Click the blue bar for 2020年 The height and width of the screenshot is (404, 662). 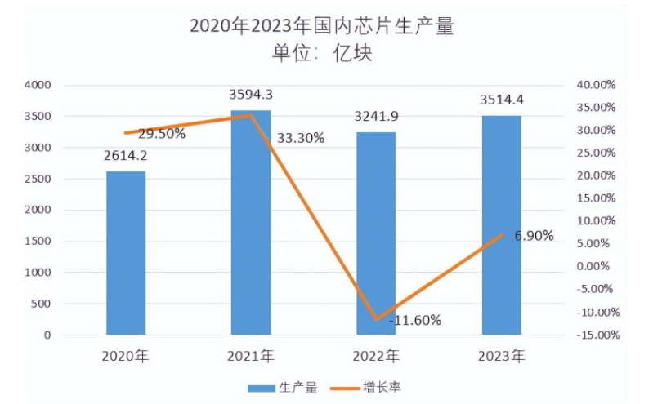pyautogui.click(x=126, y=253)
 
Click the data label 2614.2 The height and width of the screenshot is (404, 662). pyautogui.click(x=126, y=156)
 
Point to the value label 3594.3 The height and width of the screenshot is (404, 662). pyautogui.click(x=251, y=95)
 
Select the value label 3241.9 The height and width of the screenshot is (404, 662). pyautogui.click(x=377, y=117)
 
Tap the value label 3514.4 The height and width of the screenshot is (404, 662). pyautogui.click(x=501, y=100)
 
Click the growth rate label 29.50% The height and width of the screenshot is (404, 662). pyautogui.click(x=161, y=134)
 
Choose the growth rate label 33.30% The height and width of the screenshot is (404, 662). pyautogui.click(x=300, y=138)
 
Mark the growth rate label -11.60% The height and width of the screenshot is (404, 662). pyautogui.click(x=414, y=321)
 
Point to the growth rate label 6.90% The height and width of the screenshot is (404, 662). pyautogui.click(x=534, y=236)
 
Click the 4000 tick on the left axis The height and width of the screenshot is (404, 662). pyautogui.click(x=38, y=85)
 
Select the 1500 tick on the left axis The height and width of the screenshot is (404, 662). pyautogui.click(x=38, y=242)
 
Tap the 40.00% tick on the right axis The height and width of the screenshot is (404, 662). pyautogui.click(x=595, y=85)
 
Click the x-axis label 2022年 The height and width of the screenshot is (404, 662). pyautogui.click(x=376, y=357)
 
